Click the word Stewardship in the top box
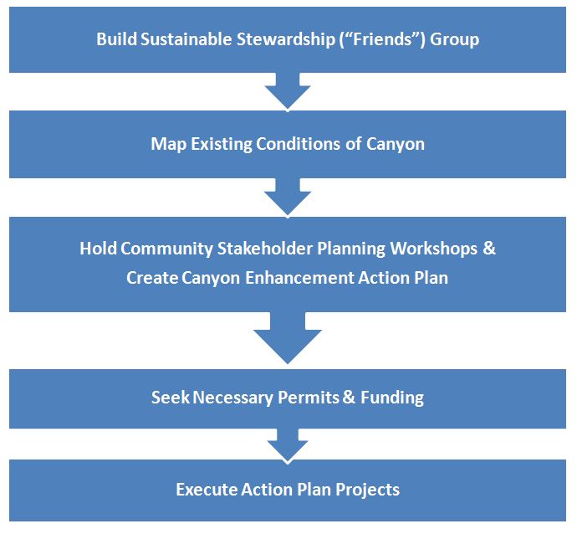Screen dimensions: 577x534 click(285, 39)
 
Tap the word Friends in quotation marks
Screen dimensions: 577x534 click(382, 39)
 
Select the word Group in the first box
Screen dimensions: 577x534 click(454, 40)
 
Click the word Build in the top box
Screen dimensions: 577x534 click(116, 39)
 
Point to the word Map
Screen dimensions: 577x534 click(169, 144)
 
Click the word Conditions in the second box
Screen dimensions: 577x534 click(298, 144)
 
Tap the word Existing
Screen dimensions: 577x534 click(222, 144)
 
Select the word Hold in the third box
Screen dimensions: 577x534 click(98, 249)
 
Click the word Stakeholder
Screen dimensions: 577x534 click(265, 249)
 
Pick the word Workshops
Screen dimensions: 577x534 click(434, 249)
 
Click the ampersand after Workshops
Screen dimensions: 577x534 click(489, 249)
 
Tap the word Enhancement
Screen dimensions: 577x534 click(299, 278)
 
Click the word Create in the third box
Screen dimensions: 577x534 click(152, 278)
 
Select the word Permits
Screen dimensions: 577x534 click(309, 398)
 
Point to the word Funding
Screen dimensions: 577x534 click(392, 398)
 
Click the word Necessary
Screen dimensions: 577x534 click(233, 398)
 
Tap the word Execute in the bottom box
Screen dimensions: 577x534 click(207, 490)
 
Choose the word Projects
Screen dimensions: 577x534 click(368, 490)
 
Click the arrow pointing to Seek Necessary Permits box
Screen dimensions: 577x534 click(288, 338)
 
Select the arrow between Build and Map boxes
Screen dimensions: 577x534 click(288, 91)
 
